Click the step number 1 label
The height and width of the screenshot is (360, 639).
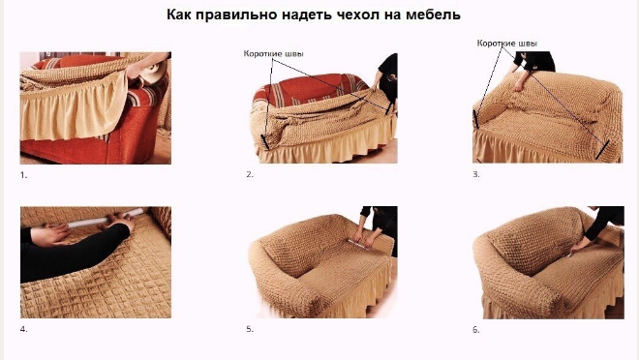click(23, 175)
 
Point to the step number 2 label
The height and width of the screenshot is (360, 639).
click(250, 174)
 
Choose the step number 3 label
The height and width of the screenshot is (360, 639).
click(476, 174)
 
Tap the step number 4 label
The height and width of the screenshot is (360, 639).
click(23, 329)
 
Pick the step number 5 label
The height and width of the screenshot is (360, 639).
click(250, 329)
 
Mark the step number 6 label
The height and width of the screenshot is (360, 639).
click(476, 329)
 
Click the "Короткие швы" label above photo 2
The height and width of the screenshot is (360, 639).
click(273, 54)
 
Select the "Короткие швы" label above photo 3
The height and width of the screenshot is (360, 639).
click(507, 44)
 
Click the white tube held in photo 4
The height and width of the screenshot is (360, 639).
click(104, 219)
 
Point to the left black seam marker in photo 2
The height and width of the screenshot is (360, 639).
click(265, 141)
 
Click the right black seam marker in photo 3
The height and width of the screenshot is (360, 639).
click(602, 149)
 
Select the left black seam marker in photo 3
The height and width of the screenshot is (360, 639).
click(475, 119)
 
